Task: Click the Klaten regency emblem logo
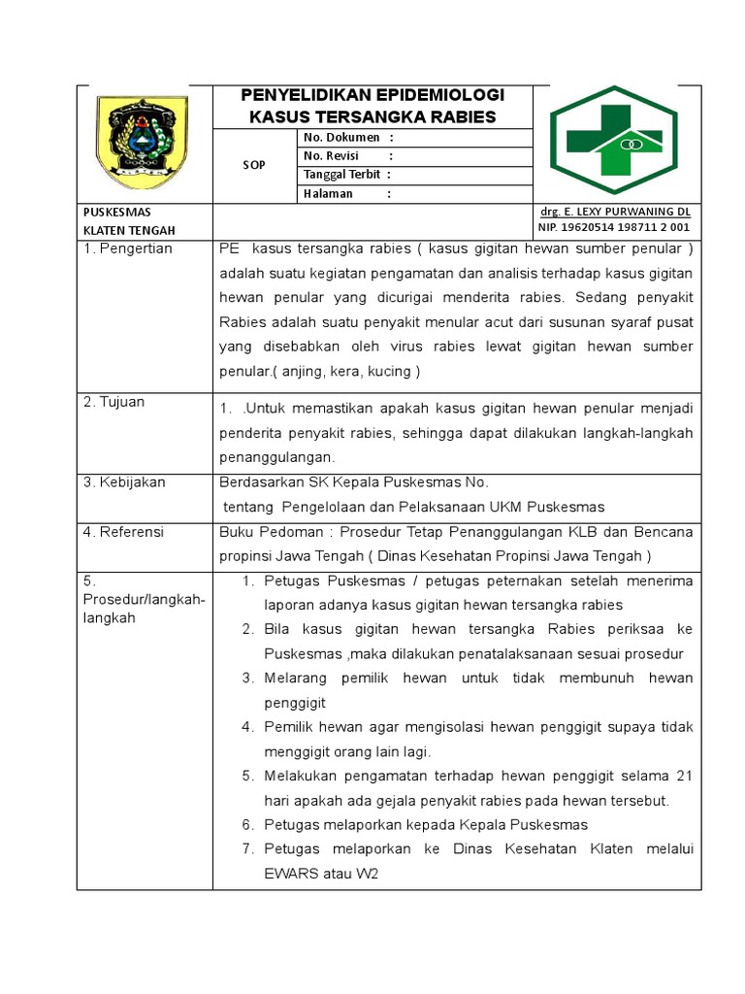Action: pyautogui.click(x=143, y=142)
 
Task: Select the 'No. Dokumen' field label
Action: pyautogui.click(x=341, y=138)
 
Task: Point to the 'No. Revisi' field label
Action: pyautogui.click(x=332, y=156)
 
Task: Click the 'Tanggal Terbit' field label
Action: pyautogui.click(x=342, y=175)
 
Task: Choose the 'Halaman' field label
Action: pyautogui.click(x=327, y=193)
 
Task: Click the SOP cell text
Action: pyautogui.click(x=253, y=166)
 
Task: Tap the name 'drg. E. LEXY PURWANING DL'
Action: pyautogui.click(x=614, y=211)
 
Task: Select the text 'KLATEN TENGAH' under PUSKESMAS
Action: pyautogui.click(x=129, y=230)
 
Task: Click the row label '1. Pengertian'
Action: pyautogui.click(x=127, y=248)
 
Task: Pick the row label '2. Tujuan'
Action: pyautogui.click(x=113, y=402)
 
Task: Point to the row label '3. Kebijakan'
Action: pyautogui.click(x=124, y=482)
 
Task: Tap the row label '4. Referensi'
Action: pyautogui.click(x=123, y=532)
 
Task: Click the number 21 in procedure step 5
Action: pyautogui.click(x=684, y=776)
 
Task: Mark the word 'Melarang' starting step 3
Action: pyautogui.click(x=295, y=678)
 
